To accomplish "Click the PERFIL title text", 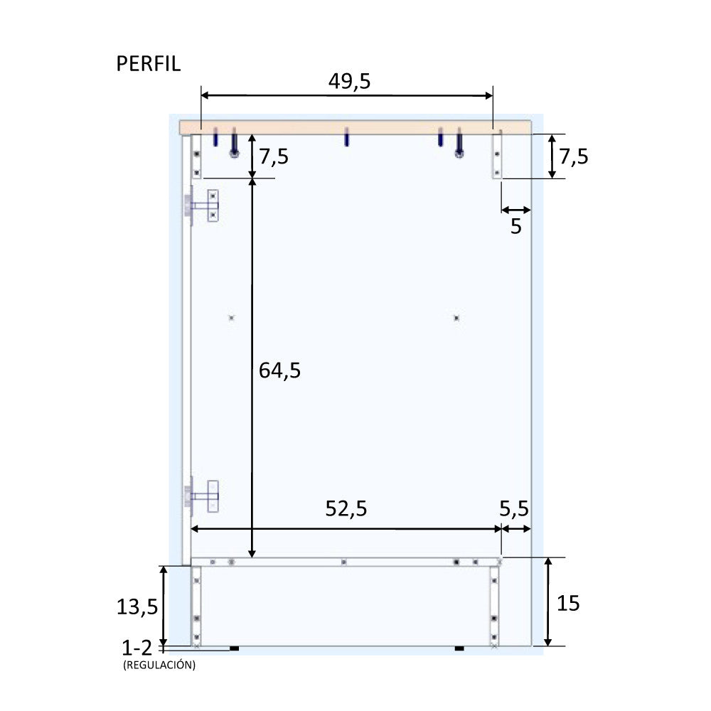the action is point(149,64).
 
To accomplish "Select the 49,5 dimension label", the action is point(349,82).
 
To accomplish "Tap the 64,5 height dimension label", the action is point(279,370).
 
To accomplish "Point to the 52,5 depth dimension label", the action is point(346,509).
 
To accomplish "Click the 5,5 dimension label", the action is point(514,509).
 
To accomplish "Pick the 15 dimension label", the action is point(567,603).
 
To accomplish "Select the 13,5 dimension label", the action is point(137,606).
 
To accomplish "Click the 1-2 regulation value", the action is point(137,648).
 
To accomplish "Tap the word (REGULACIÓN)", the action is point(159,665).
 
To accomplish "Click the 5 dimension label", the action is point(516,226).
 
